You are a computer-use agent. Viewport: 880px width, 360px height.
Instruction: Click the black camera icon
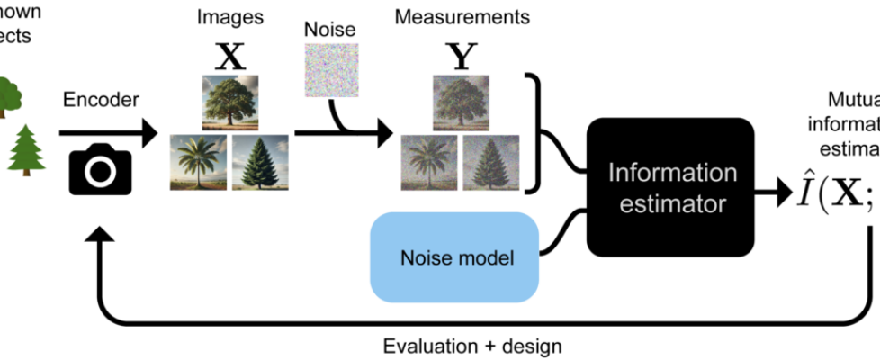click(x=101, y=168)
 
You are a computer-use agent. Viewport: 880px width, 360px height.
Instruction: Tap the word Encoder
click(x=101, y=101)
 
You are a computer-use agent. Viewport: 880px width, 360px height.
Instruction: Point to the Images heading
click(x=231, y=17)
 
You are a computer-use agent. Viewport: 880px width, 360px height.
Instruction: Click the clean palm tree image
click(x=198, y=162)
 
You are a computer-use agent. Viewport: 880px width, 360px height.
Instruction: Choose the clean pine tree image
click(x=260, y=162)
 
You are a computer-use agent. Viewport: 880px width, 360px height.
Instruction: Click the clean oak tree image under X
click(x=229, y=103)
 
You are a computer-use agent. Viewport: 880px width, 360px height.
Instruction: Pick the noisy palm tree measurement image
click(x=430, y=162)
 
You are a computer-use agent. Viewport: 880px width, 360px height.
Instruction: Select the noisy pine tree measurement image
click(x=491, y=162)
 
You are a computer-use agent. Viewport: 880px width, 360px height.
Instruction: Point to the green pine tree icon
click(x=25, y=150)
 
